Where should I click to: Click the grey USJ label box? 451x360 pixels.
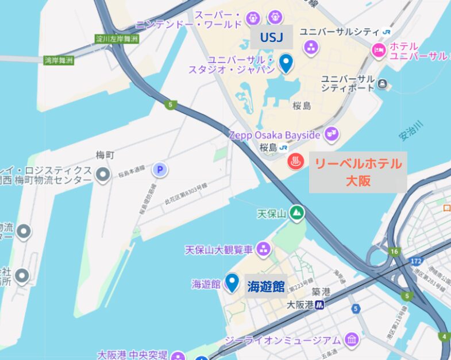point(272,37)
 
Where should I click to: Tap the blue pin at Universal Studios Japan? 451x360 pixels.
point(286,62)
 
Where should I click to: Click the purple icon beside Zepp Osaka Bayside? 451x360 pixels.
point(330,135)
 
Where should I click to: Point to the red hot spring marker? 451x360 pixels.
point(296,161)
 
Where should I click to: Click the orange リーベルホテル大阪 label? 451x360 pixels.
point(357,172)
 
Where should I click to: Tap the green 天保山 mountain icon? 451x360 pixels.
point(296,214)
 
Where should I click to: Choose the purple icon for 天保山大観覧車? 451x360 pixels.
point(264,249)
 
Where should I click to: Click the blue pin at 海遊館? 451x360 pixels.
point(232,282)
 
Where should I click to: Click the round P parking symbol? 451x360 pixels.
point(160,169)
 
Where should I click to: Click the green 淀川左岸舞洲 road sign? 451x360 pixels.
point(117,40)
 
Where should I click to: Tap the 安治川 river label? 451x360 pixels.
point(411,131)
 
